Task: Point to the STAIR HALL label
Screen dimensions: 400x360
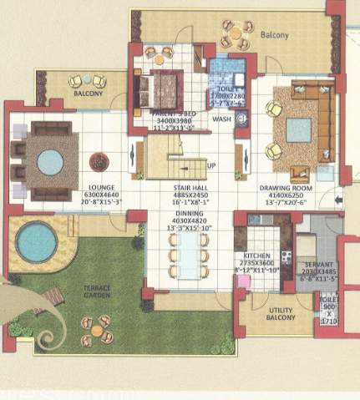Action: [x=189, y=188]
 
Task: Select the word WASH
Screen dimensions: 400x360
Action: [x=222, y=119]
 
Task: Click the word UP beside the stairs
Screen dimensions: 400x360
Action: [x=211, y=165]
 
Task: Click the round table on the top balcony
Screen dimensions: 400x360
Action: [x=235, y=35]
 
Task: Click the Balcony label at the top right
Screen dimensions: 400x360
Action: [x=274, y=35]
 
